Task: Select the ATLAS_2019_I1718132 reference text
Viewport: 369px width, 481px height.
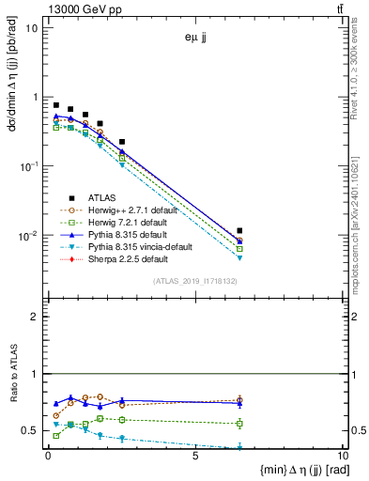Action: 193,280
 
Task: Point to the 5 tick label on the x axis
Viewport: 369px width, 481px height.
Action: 194,456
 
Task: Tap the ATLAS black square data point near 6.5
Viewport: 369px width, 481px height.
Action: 240,230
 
